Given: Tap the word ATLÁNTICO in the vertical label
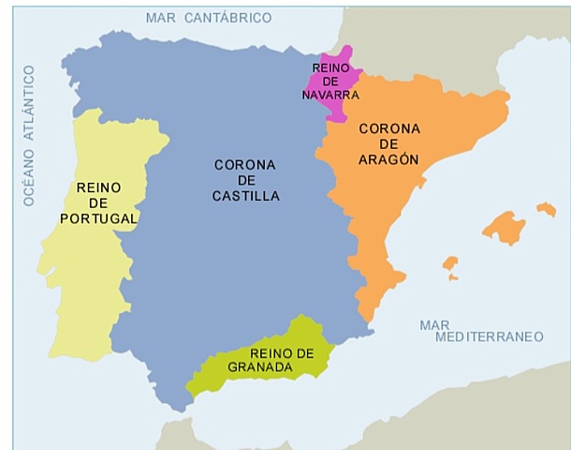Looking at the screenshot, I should tap(28, 102).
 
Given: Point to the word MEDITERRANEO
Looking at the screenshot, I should tap(482, 337).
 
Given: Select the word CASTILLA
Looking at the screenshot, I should tap(245, 197).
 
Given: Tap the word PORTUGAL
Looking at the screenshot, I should tap(98, 218).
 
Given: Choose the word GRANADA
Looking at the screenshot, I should tap(259, 367).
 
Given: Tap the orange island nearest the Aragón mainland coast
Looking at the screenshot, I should tap(451, 266).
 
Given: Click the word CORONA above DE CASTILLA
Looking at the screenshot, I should tap(245, 165).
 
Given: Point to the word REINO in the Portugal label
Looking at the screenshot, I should tap(98, 186).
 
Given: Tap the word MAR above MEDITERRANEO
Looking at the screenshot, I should tap(434, 324).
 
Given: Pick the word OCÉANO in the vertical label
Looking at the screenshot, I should tap(28, 174).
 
